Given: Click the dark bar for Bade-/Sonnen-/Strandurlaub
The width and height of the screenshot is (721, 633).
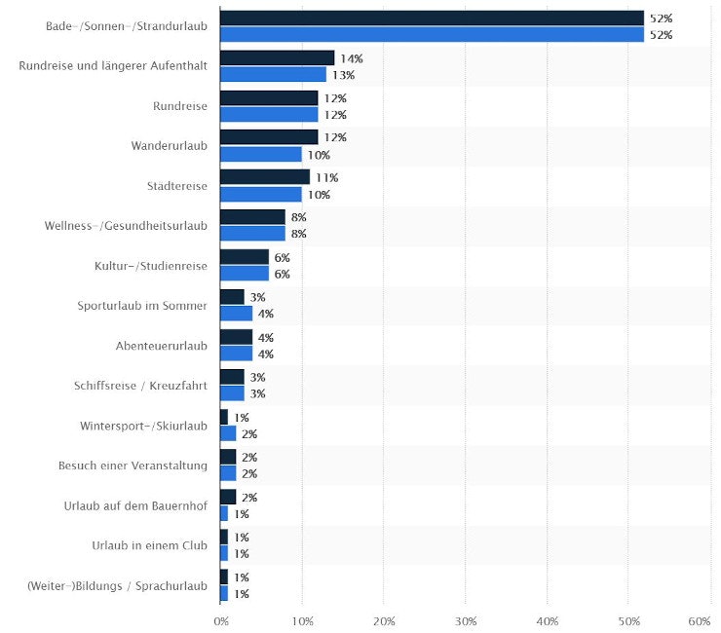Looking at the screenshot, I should click(x=432, y=18).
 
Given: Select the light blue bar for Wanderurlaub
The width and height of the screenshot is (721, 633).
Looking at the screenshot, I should click(x=261, y=154).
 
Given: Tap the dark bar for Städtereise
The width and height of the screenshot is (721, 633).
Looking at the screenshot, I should click(x=265, y=177).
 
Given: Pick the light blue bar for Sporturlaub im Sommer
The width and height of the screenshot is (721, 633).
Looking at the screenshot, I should click(x=237, y=314).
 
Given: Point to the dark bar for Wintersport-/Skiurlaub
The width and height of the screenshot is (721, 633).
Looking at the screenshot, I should click(x=224, y=417).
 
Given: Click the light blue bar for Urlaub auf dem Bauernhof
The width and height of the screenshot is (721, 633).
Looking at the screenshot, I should click(x=224, y=513).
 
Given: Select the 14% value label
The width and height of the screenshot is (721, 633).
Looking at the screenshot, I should click(x=351, y=58).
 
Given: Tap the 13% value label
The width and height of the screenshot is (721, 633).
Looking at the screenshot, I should click(x=343, y=75).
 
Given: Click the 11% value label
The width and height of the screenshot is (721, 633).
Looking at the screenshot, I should click(x=326, y=178).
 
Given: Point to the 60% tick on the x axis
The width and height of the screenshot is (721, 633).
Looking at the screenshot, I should click(x=700, y=620).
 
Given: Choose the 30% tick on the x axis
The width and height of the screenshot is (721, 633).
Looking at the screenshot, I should click(x=466, y=620).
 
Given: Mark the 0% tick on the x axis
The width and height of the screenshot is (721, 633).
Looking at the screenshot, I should click(x=221, y=620).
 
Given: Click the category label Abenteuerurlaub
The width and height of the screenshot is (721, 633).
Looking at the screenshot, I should click(x=161, y=346).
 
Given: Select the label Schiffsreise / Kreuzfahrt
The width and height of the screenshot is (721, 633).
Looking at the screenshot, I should click(x=140, y=386).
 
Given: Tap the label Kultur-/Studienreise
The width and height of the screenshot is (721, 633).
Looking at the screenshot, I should click(x=151, y=266).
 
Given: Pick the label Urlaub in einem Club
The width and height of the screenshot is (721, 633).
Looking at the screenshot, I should click(x=149, y=545).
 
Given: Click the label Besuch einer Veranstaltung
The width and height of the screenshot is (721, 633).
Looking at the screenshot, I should click(x=133, y=465).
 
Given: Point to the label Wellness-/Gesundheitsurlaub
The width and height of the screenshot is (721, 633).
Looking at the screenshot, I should click(x=126, y=226).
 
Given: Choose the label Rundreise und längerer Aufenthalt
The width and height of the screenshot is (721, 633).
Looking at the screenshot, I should click(x=113, y=66).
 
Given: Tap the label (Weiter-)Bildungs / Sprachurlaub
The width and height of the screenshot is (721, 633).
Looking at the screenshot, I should click(x=117, y=585).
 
